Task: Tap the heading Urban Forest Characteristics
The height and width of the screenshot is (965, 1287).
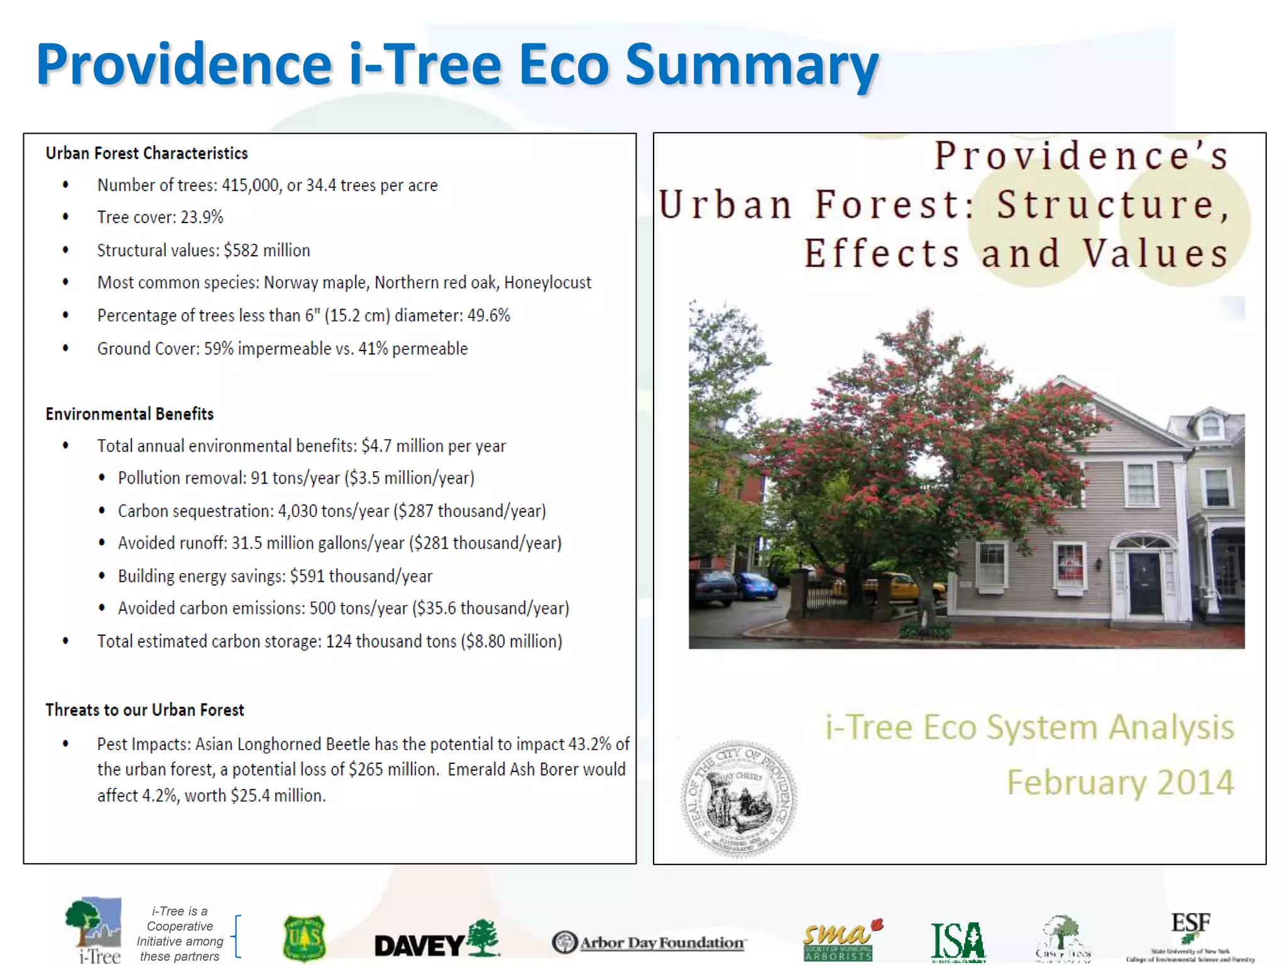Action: tap(146, 153)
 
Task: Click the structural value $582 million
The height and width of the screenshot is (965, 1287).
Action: tap(266, 251)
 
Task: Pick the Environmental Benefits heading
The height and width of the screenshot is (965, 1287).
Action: tap(129, 414)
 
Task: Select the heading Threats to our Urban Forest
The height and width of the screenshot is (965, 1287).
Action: tap(145, 710)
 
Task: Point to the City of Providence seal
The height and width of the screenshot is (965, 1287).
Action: tap(738, 799)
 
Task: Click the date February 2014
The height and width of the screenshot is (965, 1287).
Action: tap(1120, 783)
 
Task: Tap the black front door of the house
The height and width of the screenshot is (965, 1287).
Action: tap(1144, 584)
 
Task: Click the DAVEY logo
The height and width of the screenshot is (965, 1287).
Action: tap(436, 940)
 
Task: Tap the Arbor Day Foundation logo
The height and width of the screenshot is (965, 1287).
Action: tap(649, 943)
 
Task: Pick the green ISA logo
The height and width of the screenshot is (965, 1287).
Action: tap(958, 941)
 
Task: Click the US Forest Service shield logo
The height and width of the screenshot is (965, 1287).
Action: tap(304, 939)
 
